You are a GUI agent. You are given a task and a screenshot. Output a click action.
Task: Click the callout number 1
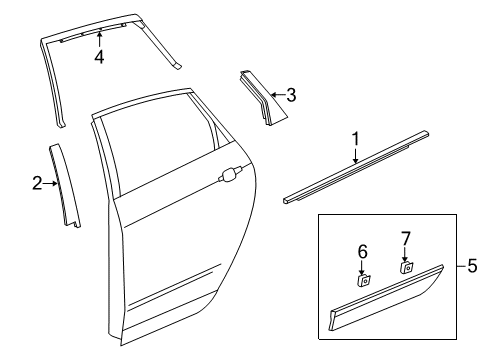coord(354,138)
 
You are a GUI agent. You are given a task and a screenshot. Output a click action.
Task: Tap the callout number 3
coord(291,95)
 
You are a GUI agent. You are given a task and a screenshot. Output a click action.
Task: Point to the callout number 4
coord(99,57)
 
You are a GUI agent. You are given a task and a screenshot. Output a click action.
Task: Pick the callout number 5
coord(474,266)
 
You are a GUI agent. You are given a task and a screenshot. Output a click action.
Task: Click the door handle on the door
coord(230,176)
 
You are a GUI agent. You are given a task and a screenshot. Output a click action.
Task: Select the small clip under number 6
coord(364,281)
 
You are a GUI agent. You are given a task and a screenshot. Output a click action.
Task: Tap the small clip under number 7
coord(407,268)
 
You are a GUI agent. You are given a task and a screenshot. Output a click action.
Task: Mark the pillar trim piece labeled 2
coord(66,185)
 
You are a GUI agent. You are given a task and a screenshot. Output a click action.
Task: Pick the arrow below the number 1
coord(354,153)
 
